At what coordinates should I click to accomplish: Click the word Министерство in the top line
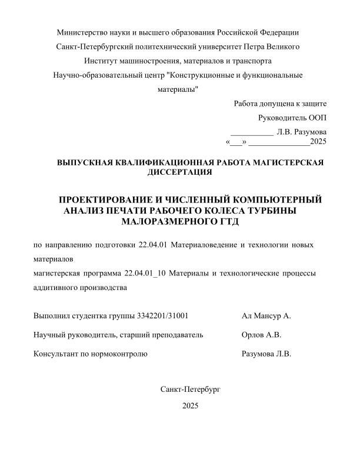pos(80,32)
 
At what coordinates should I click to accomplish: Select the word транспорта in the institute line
pos(251,61)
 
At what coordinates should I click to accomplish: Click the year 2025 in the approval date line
pos(318,142)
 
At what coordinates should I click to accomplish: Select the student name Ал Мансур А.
pos(266,316)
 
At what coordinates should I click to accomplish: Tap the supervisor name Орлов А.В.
pos(261,335)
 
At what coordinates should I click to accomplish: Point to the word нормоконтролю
pos(121,354)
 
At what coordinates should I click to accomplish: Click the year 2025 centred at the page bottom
pos(191,405)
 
